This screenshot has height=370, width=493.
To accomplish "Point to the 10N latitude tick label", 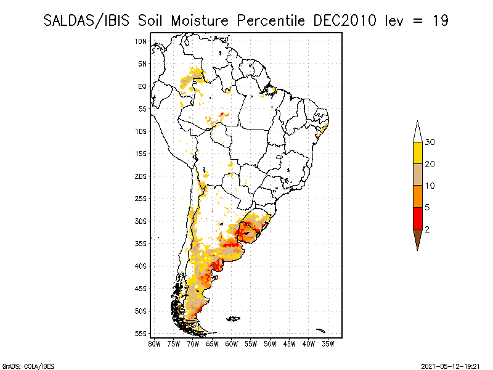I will coord(141,41).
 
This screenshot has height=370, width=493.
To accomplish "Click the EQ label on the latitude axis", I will coord(142,86).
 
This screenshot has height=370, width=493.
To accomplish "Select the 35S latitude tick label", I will coord(141,244).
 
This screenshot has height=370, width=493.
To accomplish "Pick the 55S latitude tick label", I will coord(141,334).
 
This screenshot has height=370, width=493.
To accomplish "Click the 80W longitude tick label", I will coord(154,343).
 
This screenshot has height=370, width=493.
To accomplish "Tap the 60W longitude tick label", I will coord(232,343).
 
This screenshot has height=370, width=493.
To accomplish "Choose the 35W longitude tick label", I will coord(328,343).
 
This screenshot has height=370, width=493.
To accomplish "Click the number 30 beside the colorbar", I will coord(430,142).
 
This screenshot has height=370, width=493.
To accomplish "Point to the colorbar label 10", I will coord(430,186).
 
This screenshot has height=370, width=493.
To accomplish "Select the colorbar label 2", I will coord(427,229).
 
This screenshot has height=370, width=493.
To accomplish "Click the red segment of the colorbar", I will coord(417,218).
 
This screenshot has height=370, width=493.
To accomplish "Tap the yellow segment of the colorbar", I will coord(417,153).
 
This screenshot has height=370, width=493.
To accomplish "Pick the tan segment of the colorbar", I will coord(417,175).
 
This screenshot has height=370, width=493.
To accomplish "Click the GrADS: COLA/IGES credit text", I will coord(20,365).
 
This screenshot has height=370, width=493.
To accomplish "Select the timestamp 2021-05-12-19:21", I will coord(450,365).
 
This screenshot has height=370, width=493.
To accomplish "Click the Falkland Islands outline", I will coord(233,319).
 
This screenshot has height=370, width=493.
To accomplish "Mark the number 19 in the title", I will coord(440,20).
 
